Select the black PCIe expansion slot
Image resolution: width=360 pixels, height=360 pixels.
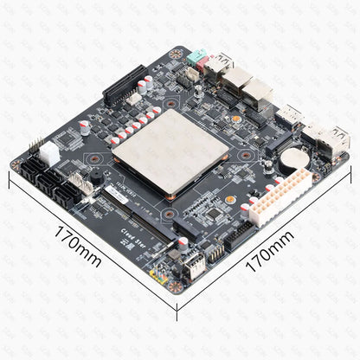coord(127,87)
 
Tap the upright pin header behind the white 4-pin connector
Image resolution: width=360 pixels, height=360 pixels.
coord(38,143)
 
